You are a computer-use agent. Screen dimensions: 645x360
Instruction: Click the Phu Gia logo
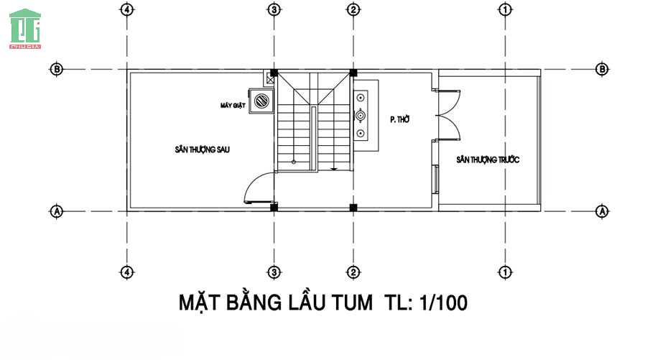25,29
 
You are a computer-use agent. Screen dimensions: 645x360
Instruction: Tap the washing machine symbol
261,101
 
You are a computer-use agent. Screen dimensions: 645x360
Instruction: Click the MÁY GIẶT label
233,106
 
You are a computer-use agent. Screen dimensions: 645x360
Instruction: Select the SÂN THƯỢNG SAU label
203,149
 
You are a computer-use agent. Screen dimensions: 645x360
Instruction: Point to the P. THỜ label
400,119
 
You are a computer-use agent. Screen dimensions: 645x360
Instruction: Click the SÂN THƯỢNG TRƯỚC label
488,160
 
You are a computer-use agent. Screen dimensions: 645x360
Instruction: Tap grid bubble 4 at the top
126,9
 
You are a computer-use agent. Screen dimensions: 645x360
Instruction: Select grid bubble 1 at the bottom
505,272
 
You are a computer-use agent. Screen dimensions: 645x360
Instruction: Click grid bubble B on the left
57,69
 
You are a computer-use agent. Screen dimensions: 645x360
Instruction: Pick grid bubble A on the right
602,211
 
